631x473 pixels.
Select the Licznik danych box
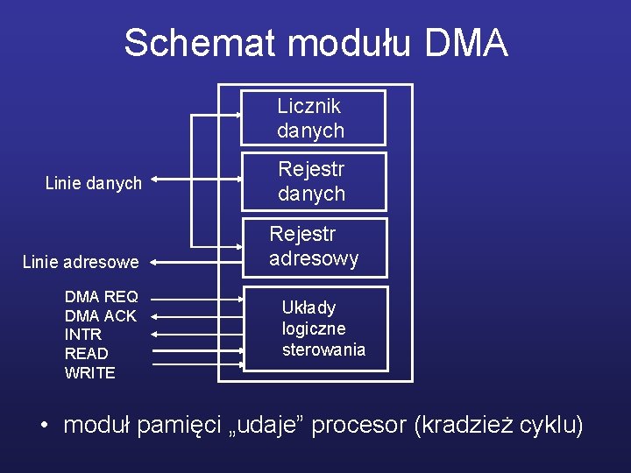313,118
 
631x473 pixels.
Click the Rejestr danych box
313,181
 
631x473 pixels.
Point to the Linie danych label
93,183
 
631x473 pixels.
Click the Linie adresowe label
81,261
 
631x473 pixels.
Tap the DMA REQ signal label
101,296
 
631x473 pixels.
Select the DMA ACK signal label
101,315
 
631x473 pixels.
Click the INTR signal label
83,335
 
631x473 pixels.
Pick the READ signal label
87,354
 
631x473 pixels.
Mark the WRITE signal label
90,373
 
